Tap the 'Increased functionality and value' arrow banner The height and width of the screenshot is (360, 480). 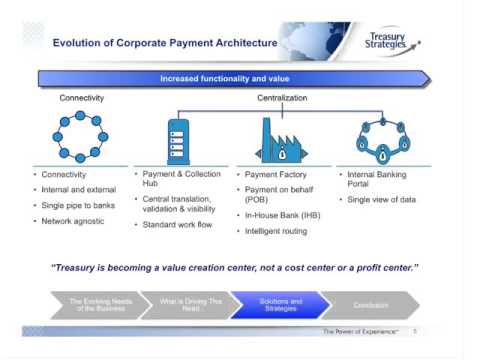click(234, 78)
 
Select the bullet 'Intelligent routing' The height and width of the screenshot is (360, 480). click(281, 231)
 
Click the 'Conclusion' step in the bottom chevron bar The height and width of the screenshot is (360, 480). click(370, 305)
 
